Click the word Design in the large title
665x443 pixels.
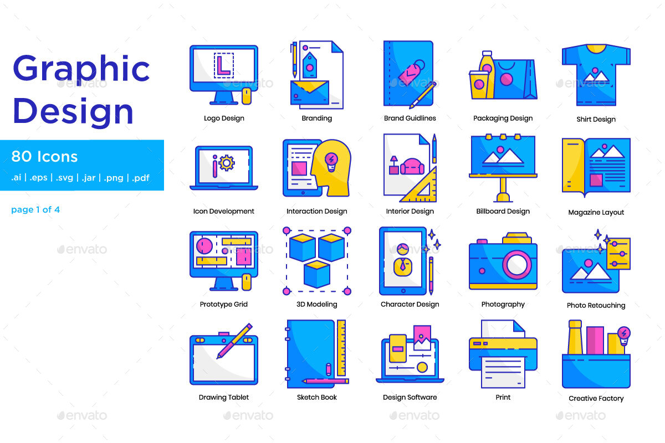coord(73,111)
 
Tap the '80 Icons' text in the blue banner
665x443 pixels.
coord(44,157)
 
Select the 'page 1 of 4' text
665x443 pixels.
coord(35,209)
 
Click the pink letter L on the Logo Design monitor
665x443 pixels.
coord(223,65)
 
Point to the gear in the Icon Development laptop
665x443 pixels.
coord(227,163)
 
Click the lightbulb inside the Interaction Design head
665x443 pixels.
coord(330,161)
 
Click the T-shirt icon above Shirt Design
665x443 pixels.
coord(596,75)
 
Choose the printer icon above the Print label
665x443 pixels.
coord(503,354)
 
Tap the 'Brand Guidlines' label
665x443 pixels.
coord(410,118)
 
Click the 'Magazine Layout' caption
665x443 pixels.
coord(596,212)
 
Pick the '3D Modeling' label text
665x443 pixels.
coord(316,304)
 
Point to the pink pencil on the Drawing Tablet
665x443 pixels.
coord(234,341)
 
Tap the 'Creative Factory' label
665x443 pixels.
coord(596,398)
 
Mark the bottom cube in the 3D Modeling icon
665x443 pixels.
coord(317,274)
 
